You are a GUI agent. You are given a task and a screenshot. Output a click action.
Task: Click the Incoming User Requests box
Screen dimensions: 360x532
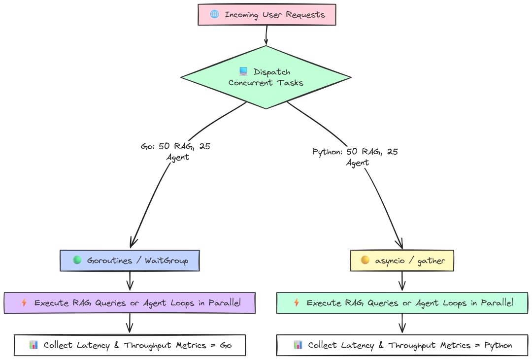click(x=266, y=15)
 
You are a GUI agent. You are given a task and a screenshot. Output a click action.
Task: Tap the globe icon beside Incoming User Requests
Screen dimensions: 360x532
click(x=214, y=14)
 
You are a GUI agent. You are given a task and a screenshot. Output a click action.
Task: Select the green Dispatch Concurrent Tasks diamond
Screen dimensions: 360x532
click(x=266, y=77)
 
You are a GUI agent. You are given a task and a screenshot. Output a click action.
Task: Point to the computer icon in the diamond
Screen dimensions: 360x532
click(x=243, y=72)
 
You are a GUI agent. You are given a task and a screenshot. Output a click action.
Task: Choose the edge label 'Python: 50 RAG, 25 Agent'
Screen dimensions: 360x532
click(x=355, y=157)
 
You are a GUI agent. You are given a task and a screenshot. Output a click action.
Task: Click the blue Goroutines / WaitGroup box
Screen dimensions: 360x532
click(x=130, y=261)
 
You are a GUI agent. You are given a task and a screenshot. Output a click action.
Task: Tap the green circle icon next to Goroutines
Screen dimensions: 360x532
click(x=77, y=260)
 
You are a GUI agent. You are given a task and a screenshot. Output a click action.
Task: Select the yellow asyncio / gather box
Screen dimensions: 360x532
click(x=401, y=261)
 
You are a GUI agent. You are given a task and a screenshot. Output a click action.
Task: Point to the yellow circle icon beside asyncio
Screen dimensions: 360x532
click(x=365, y=260)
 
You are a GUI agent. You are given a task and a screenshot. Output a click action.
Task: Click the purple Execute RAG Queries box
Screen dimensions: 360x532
click(x=130, y=303)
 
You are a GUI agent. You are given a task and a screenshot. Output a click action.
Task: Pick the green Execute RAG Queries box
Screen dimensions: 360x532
click(x=402, y=303)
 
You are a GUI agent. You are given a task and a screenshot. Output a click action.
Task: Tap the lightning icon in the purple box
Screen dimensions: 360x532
click(x=24, y=303)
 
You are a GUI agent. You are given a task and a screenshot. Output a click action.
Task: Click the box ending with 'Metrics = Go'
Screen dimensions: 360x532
click(x=130, y=345)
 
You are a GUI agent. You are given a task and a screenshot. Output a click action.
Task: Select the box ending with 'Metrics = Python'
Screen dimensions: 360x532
click(x=402, y=345)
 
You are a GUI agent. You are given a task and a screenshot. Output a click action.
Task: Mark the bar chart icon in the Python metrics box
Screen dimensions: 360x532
click(x=298, y=345)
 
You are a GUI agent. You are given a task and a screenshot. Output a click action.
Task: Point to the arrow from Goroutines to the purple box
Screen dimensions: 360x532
click(x=130, y=281)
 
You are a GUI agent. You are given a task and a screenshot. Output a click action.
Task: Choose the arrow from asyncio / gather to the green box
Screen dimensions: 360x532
click(x=402, y=281)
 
